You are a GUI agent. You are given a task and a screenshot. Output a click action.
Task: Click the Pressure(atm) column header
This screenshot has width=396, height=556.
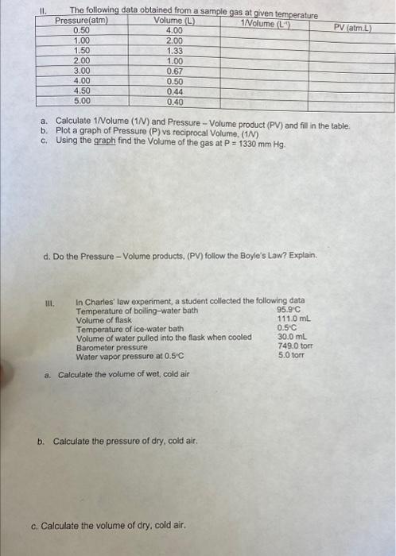[x=81, y=21]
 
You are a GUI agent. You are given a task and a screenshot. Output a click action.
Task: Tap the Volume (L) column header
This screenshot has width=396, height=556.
[x=173, y=21]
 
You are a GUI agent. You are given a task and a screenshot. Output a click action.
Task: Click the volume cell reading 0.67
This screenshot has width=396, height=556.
[x=174, y=71]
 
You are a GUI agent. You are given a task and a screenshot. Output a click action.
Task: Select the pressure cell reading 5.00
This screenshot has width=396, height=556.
[x=81, y=101]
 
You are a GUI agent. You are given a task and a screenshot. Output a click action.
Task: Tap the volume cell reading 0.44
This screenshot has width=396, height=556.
[x=174, y=91]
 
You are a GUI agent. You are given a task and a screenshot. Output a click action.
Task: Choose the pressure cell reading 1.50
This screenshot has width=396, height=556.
[x=81, y=50]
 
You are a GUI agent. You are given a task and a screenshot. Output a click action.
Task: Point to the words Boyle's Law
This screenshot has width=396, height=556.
[x=271, y=256]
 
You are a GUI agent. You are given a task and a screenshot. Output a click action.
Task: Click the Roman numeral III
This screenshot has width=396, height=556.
[x=52, y=303]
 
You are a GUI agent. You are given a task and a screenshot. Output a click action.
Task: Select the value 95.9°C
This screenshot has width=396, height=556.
[x=289, y=311]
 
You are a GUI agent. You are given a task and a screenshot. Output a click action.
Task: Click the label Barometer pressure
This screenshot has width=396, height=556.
[x=111, y=347]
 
